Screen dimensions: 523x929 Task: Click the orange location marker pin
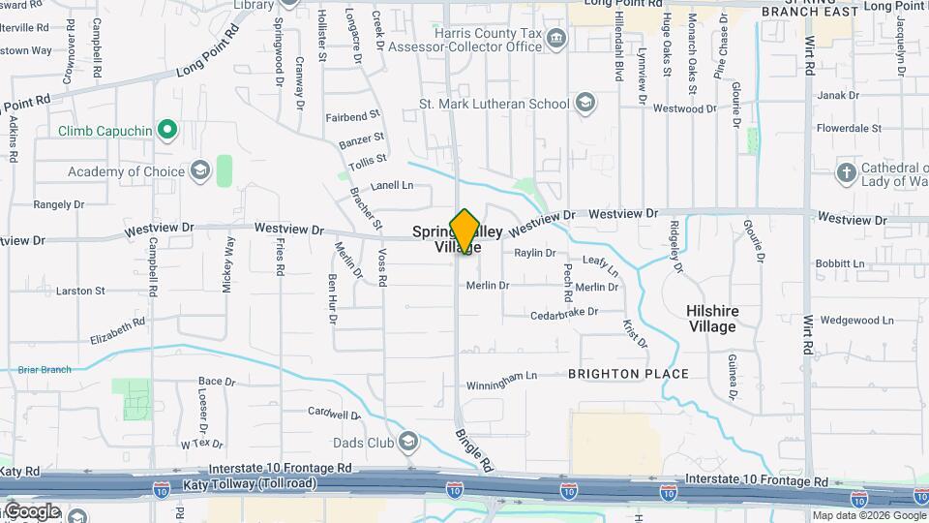[464, 231]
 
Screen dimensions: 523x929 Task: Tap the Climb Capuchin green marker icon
[167, 130]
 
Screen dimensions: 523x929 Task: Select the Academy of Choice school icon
[200, 171]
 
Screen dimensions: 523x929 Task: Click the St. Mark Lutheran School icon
[585, 103]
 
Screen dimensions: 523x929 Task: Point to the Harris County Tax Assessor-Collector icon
[556, 39]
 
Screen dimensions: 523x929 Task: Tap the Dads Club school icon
[408, 443]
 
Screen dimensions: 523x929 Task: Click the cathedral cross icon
[846, 172]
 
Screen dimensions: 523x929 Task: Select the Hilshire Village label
[711, 319]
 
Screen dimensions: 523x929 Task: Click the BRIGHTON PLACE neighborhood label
[628, 374]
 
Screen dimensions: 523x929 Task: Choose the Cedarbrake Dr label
[563, 314]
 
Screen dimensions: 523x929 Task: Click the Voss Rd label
[382, 267]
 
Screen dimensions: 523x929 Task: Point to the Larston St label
[80, 291]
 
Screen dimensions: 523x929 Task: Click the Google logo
[32, 511]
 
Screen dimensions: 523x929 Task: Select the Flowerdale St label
[845, 128]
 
